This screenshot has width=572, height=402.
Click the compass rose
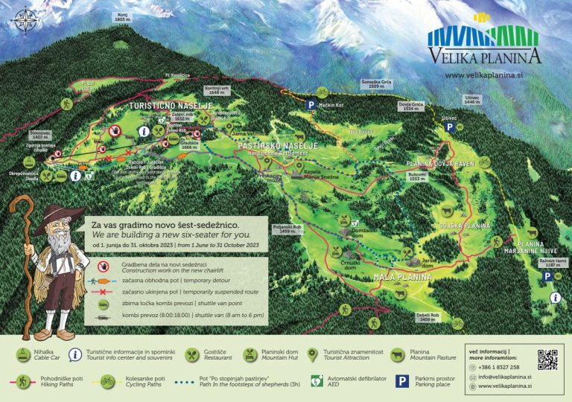pyautogui.click(x=27, y=19)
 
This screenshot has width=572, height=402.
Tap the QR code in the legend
pyautogui.click(x=547, y=360)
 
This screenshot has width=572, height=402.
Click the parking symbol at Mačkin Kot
pyautogui.click(x=311, y=106)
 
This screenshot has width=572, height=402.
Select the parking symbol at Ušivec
pyautogui.click(x=449, y=128)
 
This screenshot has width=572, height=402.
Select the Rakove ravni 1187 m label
pyautogui.click(x=548, y=262)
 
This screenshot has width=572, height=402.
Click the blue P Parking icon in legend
pyautogui.click(x=401, y=381)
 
